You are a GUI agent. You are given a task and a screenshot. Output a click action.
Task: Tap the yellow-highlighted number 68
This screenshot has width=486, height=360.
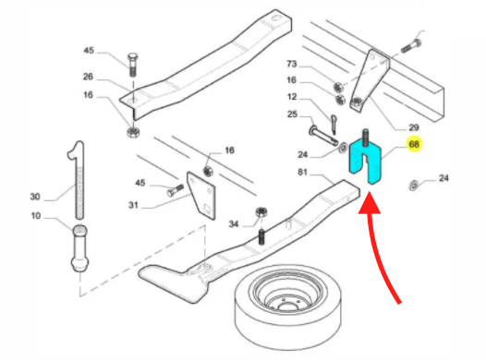(414, 144)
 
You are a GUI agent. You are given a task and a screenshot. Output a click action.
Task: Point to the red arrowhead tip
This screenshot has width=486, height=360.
(370, 192)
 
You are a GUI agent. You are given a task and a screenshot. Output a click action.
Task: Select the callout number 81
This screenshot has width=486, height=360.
(302, 172)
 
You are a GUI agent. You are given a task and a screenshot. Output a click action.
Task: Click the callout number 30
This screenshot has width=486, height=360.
(35, 197)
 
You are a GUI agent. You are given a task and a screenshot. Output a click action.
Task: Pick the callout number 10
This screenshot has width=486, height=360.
(36, 215)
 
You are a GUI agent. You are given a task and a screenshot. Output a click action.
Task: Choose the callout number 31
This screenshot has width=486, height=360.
(133, 205)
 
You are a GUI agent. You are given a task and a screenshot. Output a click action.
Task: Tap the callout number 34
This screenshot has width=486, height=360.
(234, 223)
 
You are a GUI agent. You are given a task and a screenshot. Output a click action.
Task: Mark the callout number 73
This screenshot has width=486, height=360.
(292, 64)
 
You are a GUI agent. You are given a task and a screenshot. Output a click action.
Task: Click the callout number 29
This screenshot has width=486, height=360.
(414, 127)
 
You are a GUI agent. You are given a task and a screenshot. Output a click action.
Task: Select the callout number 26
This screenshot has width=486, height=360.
(88, 77)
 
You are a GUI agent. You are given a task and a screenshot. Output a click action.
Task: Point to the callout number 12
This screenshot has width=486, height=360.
(292, 97)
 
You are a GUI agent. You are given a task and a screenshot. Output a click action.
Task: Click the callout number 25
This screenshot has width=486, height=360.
(292, 114)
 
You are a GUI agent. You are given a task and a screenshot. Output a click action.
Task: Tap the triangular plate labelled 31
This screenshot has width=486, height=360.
(201, 196)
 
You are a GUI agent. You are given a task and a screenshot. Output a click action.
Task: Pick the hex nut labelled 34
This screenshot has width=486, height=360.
(261, 213)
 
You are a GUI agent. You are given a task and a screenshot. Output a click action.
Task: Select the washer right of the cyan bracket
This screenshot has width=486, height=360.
(413, 186)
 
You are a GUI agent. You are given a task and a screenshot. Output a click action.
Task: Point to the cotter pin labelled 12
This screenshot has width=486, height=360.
(333, 124)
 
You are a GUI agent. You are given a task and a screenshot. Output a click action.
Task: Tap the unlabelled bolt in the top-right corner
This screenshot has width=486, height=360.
(411, 45)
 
